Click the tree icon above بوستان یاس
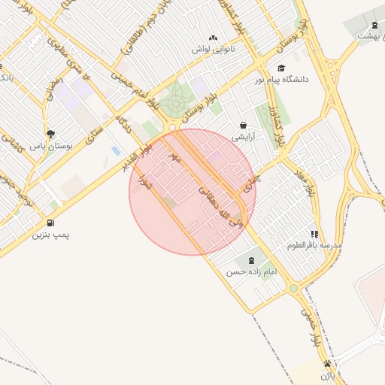[x=50, y=133]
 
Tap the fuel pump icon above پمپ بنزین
[x=50, y=223]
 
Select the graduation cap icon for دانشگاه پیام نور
[x=280, y=68]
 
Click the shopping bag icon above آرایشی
[x=243, y=125]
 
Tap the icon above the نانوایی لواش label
[x=213, y=37]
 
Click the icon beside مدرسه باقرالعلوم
[x=314, y=234]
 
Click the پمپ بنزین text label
[x=50, y=235]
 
